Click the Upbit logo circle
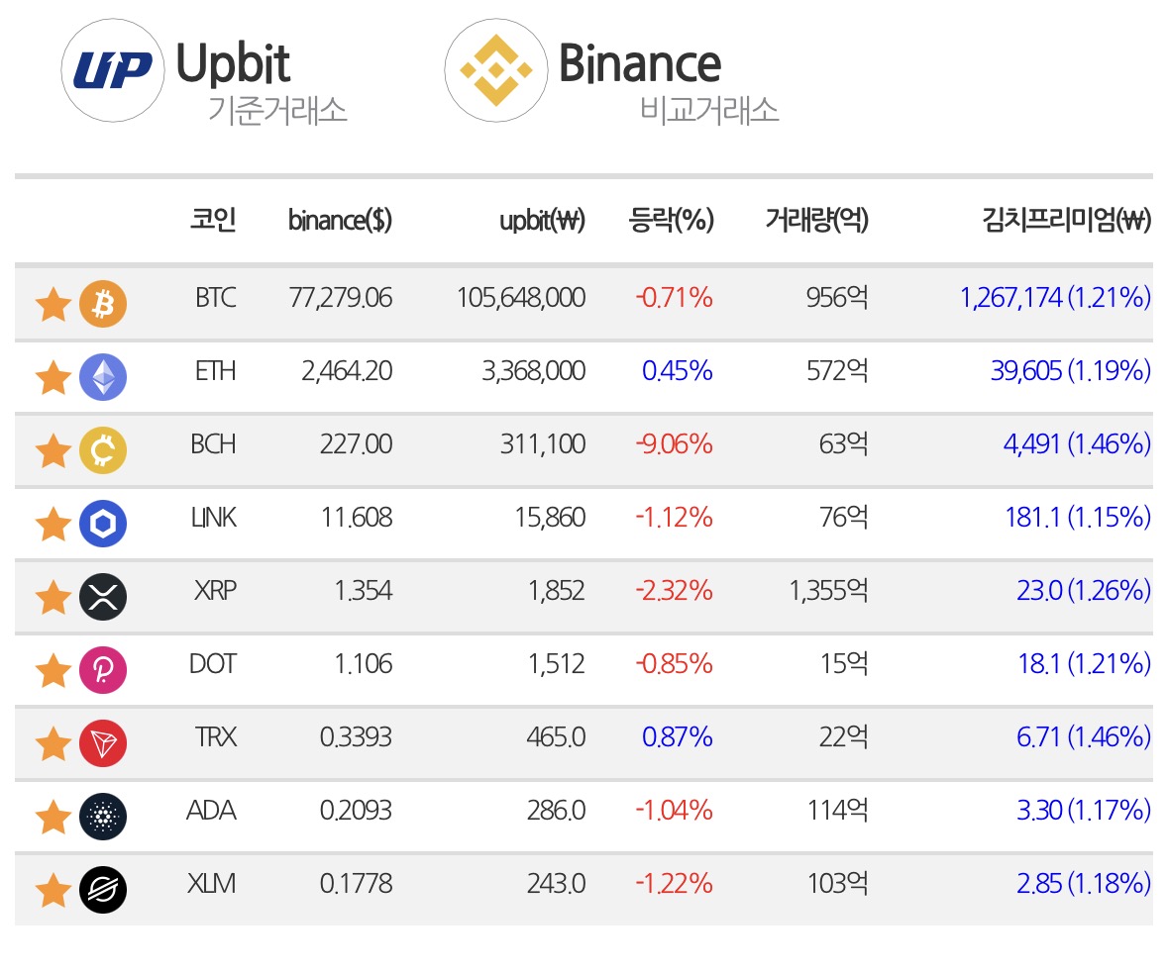pyautogui.click(x=113, y=70)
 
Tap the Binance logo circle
pyautogui.click(x=496, y=70)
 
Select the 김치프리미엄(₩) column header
pyautogui.click(x=1067, y=220)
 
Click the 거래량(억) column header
pyautogui.click(x=817, y=220)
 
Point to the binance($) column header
pyautogui.click(x=340, y=221)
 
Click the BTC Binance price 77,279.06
pyautogui.click(x=341, y=298)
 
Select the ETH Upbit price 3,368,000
pyautogui.click(x=533, y=370)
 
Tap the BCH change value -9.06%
pyautogui.click(x=674, y=444)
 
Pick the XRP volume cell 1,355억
pyautogui.click(x=829, y=591)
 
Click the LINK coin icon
pyautogui.click(x=103, y=524)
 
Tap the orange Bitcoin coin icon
pyautogui.click(x=103, y=304)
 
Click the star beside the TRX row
pyautogui.click(x=53, y=744)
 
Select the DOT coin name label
pyautogui.click(x=213, y=664)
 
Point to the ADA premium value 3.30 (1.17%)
pyautogui.click(x=1084, y=811)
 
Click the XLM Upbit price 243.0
pyautogui.click(x=556, y=883)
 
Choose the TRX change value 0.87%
pyautogui.click(x=677, y=737)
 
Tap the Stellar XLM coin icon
pyautogui.click(x=103, y=890)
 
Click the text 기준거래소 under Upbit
pyautogui.click(x=277, y=110)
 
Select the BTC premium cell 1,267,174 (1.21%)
pyautogui.click(x=1055, y=298)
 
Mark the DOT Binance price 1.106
pyautogui.click(x=363, y=664)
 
